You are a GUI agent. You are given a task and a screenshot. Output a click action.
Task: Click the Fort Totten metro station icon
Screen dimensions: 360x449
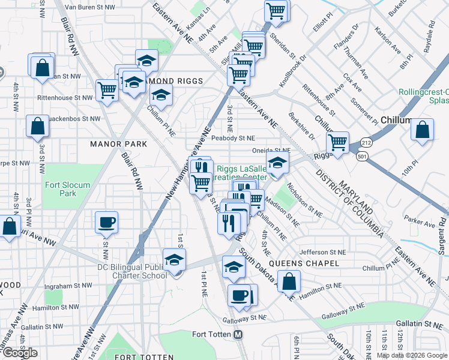tap(238, 334)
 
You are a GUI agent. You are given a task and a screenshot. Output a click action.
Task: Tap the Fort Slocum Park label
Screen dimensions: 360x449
tap(61, 189)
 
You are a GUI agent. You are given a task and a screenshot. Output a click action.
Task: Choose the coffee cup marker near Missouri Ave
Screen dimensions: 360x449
tap(107, 223)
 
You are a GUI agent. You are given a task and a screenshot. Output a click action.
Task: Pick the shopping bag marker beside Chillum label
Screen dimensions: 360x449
tap(422, 130)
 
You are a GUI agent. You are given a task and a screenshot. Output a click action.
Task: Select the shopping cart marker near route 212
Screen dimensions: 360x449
tap(338, 143)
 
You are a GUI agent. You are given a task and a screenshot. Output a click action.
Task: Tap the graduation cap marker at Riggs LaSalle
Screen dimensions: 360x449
tap(277, 163)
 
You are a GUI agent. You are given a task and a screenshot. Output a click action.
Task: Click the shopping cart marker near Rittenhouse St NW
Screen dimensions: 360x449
tap(107, 91)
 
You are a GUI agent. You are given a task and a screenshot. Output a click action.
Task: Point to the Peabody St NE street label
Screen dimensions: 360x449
tap(234, 138)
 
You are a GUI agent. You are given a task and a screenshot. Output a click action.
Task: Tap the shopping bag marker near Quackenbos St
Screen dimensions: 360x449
tap(37, 127)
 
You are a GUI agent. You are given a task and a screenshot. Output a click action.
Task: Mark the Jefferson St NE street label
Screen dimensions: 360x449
tap(324, 253)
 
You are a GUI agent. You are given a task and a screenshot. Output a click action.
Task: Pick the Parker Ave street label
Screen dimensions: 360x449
tap(420, 223)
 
